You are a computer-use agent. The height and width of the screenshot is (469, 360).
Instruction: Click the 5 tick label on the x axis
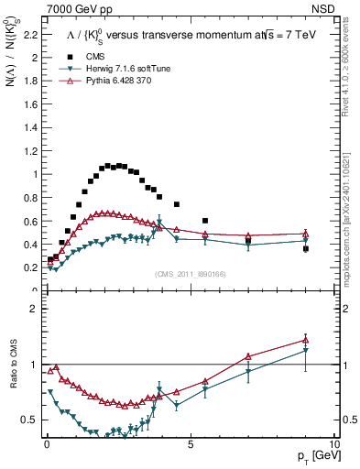pyautogui.click(x=190, y=443)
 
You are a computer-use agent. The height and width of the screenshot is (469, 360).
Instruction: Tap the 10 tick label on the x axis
pyautogui.click(x=333, y=443)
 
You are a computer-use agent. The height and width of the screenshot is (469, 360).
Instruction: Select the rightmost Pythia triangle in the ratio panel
pyautogui.click(x=306, y=340)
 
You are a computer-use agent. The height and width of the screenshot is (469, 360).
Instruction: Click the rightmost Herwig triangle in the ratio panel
pyautogui.click(x=306, y=350)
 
